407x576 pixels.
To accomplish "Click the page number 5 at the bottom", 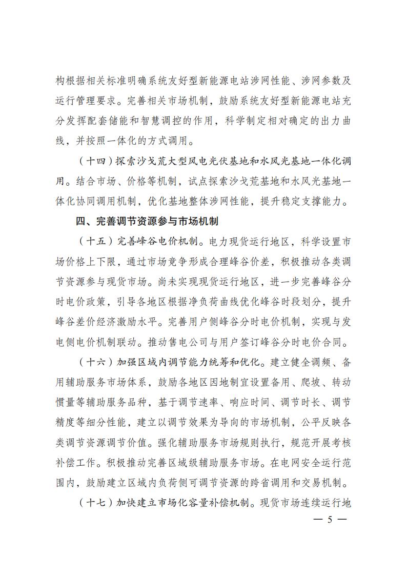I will (330, 520).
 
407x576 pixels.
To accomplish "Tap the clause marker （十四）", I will (96, 161).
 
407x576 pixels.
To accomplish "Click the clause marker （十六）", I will (96, 363).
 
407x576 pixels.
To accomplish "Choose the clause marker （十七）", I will (96, 504).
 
